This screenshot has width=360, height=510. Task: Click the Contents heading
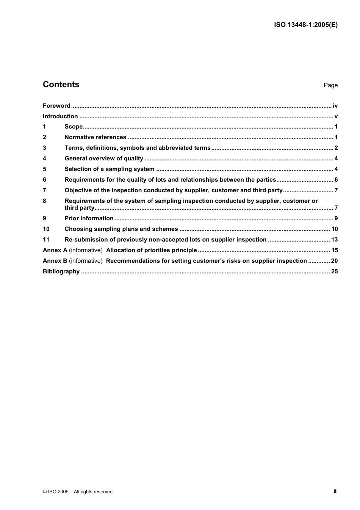[x=61, y=85]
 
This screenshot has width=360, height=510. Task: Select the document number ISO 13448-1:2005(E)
[x=305, y=25]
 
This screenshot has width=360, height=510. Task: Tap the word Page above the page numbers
[x=330, y=85]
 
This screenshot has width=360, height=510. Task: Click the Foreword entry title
[x=56, y=106]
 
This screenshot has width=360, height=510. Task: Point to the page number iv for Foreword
[x=335, y=106]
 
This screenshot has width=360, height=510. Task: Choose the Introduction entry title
[x=60, y=116]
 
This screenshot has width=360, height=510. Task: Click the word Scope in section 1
[x=74, y=127]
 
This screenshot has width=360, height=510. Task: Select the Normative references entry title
[x=95, y=137]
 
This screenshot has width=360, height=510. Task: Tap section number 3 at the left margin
[x=44, y=148]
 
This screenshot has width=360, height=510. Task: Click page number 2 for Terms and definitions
[x=336, y=148]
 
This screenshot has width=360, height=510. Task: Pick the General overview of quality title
[x=104, y=158]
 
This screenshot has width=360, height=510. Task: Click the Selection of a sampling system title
[x=110, y=169]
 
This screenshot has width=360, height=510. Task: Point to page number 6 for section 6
[x=336, y=180]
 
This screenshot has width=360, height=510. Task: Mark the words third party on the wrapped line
[x=79, y=208]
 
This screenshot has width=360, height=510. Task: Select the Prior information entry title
[x=89, y=218]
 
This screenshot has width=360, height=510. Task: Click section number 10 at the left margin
[x=46, y=229]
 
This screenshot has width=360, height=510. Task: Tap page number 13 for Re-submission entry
[x=334, y=240]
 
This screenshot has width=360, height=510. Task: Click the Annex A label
[x=55, y=250]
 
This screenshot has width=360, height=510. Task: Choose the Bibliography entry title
[x=61, y=271]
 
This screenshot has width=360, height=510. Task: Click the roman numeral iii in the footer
[x=335, y=491]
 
